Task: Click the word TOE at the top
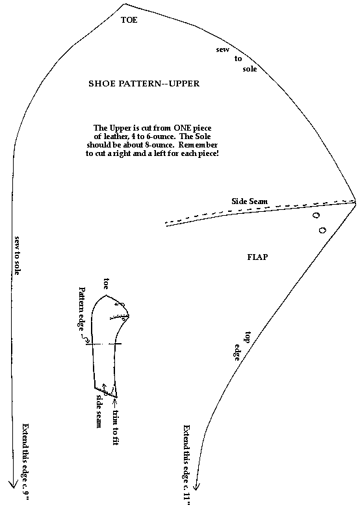pyautogui.click(x=129, y=19)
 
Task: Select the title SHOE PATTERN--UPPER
pyautogui.click(x=144, y=84)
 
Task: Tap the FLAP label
pyautogui.click(x=257, y=257)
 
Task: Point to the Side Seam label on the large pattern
pyautogui.click(x=250, y=201)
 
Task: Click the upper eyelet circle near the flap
pyautogui.click(x=316, y=216)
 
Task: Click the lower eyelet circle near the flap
pyautogui.click(x=322, y=230)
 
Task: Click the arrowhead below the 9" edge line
pyautogui.click(x=13, y=484)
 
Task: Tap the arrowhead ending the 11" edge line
pyautogui.click(x=196, y=485)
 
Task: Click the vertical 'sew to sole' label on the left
pyautogui.click(x=17, y=255)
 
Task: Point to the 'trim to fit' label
pyautogui.click(x=115, y=428)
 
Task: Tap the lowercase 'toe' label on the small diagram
pyautogui.click(x=106, y=283)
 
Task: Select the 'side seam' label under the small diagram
pyautogui.click(x=98, y=411)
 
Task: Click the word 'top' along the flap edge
pyautogui.click(x=248, y=338)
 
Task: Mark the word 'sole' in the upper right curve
pyautogui.click(x=250, y=69)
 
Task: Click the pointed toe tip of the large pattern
pyautogui.click(x=125, y=4)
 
